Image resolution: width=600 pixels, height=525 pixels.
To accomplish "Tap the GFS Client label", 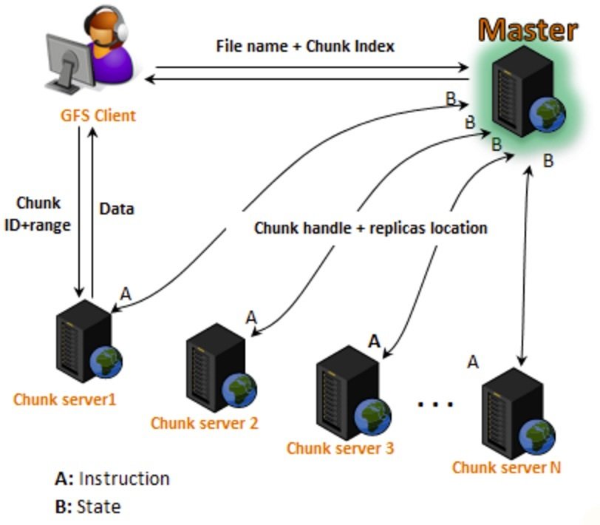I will pos(98,115).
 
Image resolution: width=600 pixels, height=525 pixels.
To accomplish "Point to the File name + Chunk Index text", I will pos(305,46).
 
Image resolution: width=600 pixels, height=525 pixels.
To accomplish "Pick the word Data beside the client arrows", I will pos(117,209).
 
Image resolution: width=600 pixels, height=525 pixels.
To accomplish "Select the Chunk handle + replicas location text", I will pos(370,228).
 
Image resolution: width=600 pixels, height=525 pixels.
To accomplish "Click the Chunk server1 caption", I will pos(64,399).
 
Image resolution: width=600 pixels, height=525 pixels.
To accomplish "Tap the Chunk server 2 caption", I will pos(204,424).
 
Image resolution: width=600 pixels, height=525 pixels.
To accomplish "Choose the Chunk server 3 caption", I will pos(340,447).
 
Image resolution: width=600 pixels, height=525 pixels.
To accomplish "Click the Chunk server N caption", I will pos(506,467).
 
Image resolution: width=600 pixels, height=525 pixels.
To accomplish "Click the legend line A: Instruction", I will pos(112,478).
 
